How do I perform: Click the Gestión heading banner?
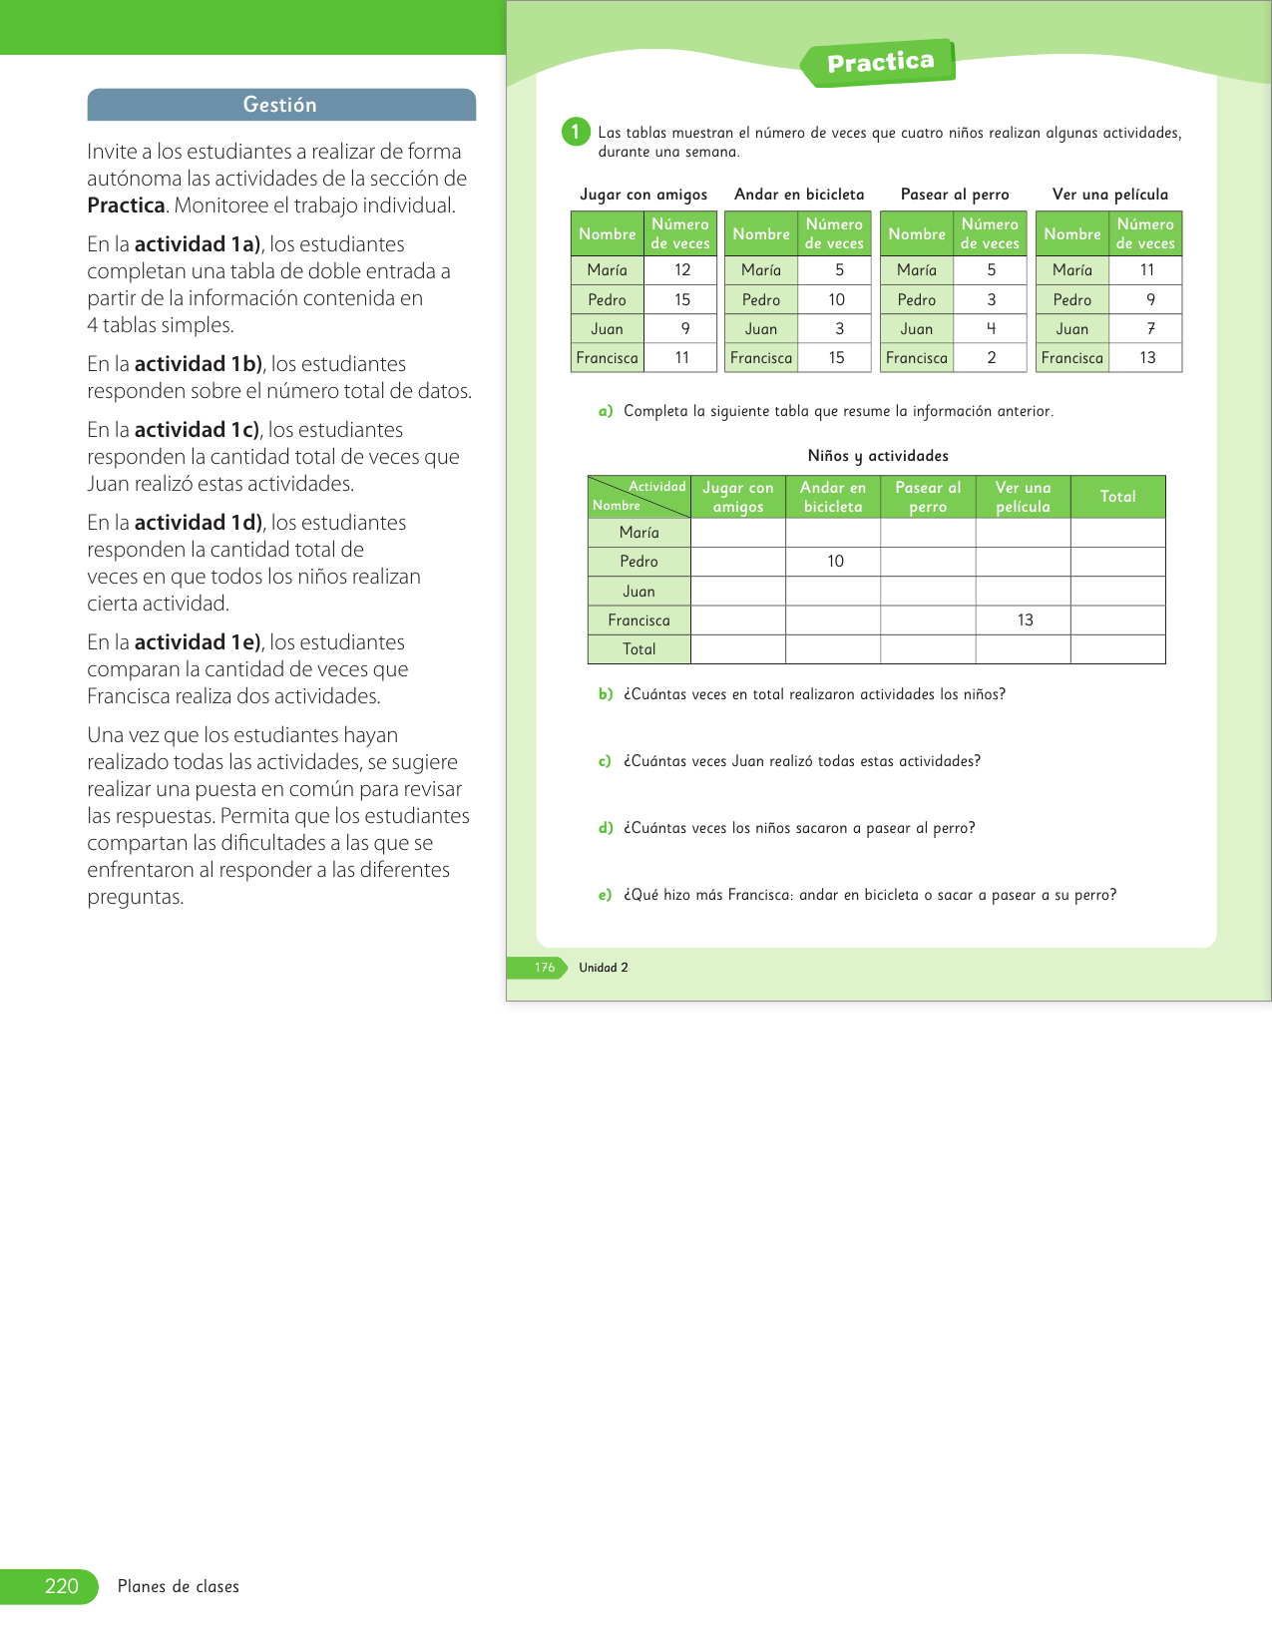tap(280, 105)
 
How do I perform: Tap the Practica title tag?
tap(880, 63)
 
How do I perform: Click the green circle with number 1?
tap(576, 132)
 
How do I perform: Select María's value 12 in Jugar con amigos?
tap(682, 270)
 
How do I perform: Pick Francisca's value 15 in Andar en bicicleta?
tap(836, 357)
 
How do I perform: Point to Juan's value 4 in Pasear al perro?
tap(991, 328)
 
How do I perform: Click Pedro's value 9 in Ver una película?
tap(1150, 299)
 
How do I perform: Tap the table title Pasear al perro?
tap(955, 195)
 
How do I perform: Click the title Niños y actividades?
tap(878, 456)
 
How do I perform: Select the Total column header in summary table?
tap(1117, 497)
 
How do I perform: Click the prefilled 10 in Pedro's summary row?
tap(835, 562)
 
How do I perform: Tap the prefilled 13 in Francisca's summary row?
tap(1025, 620)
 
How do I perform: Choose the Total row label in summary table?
tap(639, 649)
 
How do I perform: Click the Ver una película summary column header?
tap(1023, 497)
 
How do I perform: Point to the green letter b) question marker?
tap(606, 694)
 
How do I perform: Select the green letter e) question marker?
tap(606, 895)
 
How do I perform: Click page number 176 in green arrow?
tap(545, 968)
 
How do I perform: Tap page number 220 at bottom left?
tap(61, 1586)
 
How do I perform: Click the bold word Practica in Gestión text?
tap(126, 206)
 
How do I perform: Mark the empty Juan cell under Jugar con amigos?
tap(738, 592)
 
